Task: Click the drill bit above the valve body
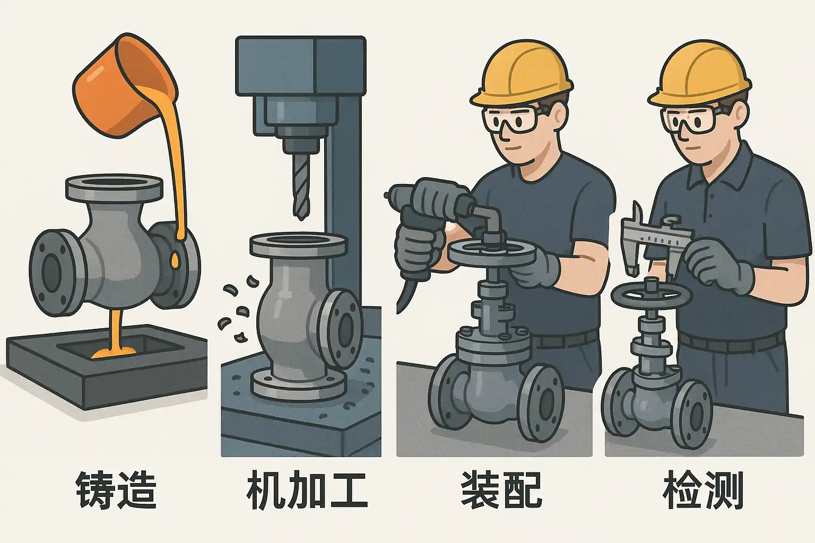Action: pyautogui.click(x=301, y=186)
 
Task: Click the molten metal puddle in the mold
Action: pyautogui.click(x=114, y=352)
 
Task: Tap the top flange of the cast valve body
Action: pyautogui.click(x=114, y=188)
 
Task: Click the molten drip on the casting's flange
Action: pyautogui.click(x=175, y=260)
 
